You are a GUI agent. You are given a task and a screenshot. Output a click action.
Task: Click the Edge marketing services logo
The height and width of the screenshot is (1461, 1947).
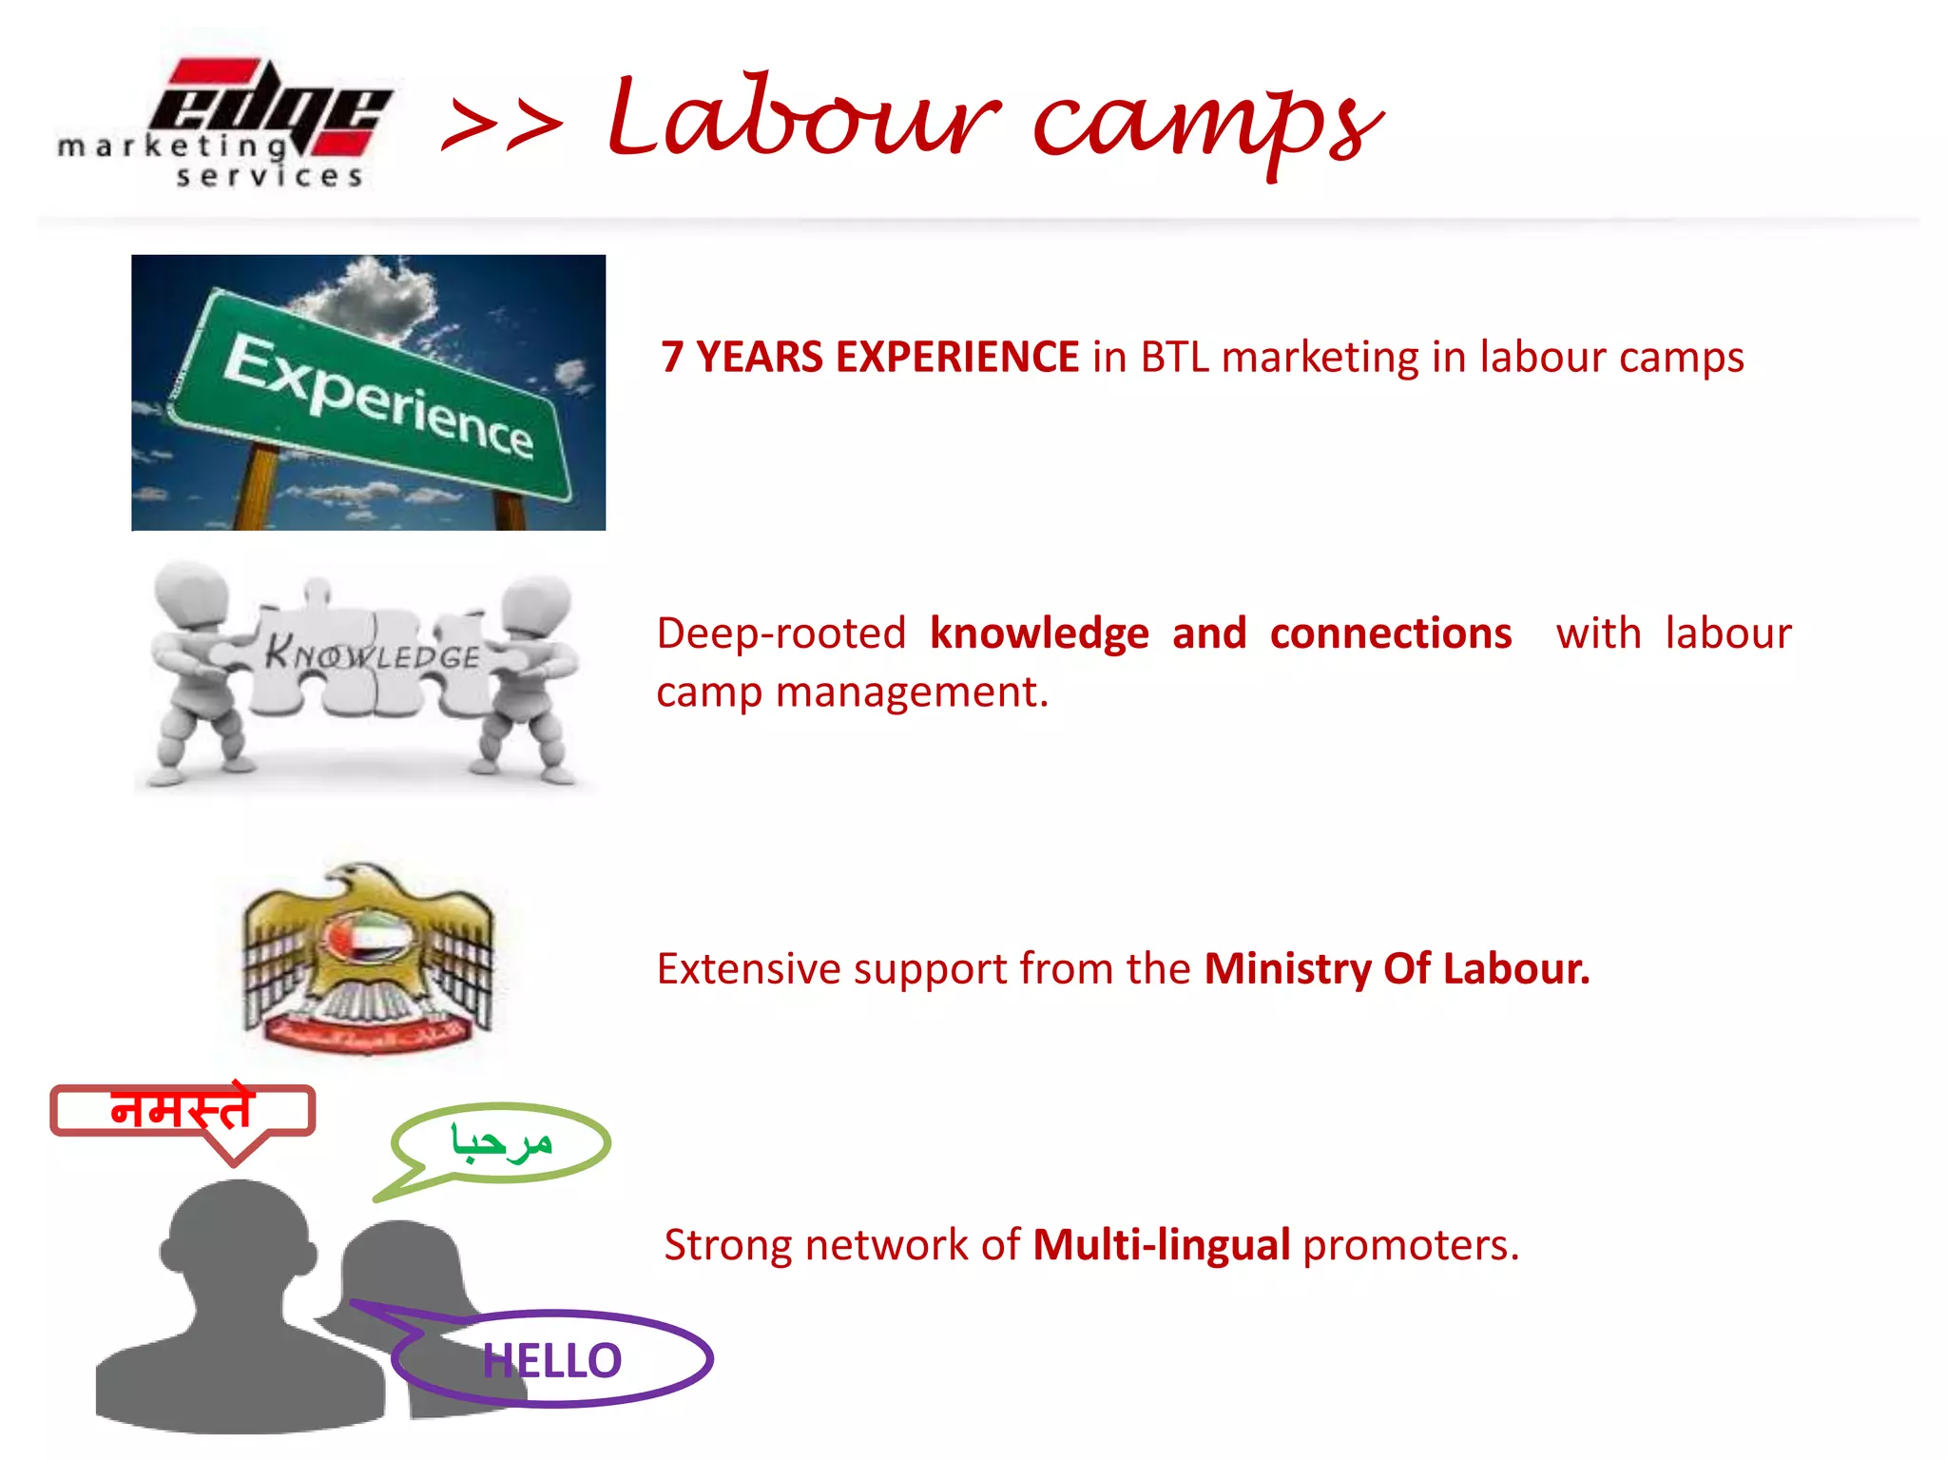[225, 122]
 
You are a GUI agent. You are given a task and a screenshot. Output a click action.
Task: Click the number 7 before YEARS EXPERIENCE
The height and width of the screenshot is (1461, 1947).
[672, 358]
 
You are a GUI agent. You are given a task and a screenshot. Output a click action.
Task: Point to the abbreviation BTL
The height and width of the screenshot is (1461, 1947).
[1174, 358]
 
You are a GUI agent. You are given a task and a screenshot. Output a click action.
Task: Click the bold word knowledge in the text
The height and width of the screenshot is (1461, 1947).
[1039, 634]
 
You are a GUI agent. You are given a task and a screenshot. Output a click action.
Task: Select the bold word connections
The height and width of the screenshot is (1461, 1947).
[1390, 634]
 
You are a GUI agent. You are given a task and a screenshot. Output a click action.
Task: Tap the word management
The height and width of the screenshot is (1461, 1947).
[911, 692]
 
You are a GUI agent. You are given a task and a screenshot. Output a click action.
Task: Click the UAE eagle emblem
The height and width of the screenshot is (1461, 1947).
[368, 956]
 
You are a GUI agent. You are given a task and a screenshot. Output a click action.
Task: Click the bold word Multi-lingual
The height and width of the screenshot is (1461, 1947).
[1161, 1245]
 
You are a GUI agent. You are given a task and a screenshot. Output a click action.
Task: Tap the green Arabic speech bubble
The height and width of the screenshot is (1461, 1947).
[502, 1142]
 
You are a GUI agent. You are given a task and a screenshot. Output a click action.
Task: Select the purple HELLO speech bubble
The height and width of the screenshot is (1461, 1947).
[551, 1359]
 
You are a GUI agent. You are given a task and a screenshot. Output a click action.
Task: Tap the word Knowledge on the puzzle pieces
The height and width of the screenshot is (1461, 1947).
[372, 653]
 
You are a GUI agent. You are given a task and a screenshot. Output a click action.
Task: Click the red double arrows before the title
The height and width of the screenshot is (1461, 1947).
[503, 127]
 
